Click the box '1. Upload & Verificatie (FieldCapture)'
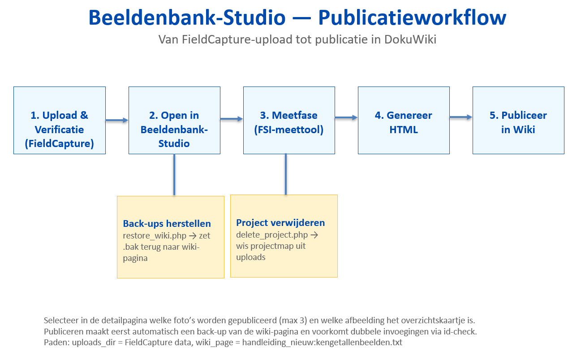pyautogui.click(x=60, y=120)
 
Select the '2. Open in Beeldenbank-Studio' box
pyautogui.click(x=174, y=120)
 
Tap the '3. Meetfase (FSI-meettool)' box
pyautogui.click(x=289, y=120)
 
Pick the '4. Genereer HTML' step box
pyautogui.click(x=404, y=120)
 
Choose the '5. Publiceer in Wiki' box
pyautogui.click(x=518, y=120)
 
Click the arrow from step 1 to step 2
pyautogui.click(x=117, y=120)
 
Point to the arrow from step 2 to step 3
pyautogui.click(x=232, y=119)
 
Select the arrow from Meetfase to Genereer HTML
pyautogui.click(x=346, y=117)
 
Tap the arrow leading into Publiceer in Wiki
pyautogui.click(x=461, y=117)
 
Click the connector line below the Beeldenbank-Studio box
pyautogui.click(x=174, y=175)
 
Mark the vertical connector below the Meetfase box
pyautogui.click(x=285, y=174)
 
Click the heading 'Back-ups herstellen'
pyautogui.click(x=167, y=224)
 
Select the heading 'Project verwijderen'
pyautogui.click(x=280, y=223)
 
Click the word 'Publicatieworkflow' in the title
pyautogui.click(x=412, y=17)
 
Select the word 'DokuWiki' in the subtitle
pyautogui.click(x=410, y=39)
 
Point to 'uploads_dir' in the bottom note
pyautogui.click(x=93, y=343)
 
